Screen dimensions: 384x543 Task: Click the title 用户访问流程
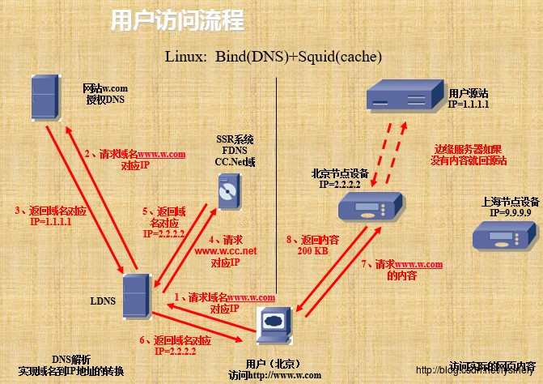coord(176,20)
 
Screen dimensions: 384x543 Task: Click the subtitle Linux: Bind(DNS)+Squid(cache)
coord(273,57)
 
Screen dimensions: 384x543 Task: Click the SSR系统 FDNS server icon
coord(227,193)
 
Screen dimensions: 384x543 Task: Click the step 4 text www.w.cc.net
coord(226,251)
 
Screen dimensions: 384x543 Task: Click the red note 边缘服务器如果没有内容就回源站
coord(469,155)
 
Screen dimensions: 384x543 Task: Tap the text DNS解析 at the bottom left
coord(71,359)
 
